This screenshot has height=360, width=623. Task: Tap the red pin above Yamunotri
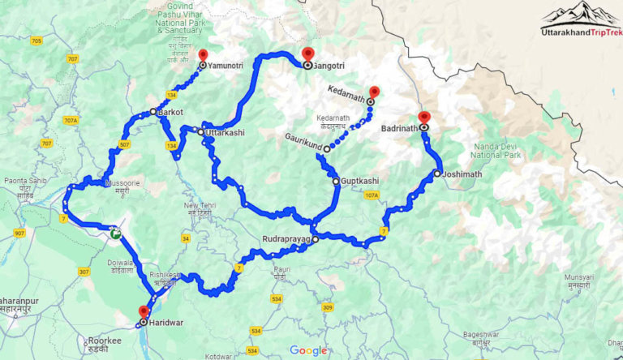203,55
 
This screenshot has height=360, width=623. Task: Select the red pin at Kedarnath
374,92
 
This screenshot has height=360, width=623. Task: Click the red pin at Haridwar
144,311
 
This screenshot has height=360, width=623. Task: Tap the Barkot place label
171,112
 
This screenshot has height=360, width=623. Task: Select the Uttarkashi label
226,132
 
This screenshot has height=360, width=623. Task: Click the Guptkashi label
360,181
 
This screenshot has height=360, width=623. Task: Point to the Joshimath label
464,174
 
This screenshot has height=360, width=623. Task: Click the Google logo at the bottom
308,350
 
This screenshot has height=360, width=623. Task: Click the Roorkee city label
106,341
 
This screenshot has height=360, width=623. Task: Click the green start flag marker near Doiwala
117,233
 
